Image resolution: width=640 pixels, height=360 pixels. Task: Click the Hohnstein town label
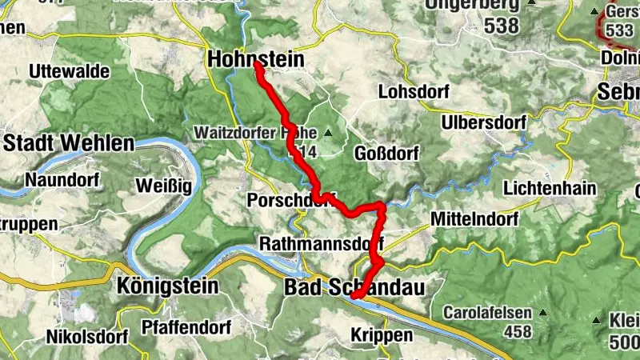click(x=256, y=58)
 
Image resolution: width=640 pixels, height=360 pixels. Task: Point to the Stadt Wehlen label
click(x=68, y=143)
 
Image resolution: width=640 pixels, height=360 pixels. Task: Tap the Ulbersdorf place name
click(x=484, y=123)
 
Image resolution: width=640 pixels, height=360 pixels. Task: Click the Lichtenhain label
click(x=550, y=188)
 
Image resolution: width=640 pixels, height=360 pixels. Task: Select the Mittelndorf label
click(x=474, y=218)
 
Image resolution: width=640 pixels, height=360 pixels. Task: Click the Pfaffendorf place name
click(x=186, y=327)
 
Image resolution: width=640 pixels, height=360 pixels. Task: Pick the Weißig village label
click(x=163, y=186)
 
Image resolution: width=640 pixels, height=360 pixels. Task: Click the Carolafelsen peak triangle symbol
click(x=543, y=313)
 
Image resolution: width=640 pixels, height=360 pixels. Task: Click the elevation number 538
click(x=501, y=26)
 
